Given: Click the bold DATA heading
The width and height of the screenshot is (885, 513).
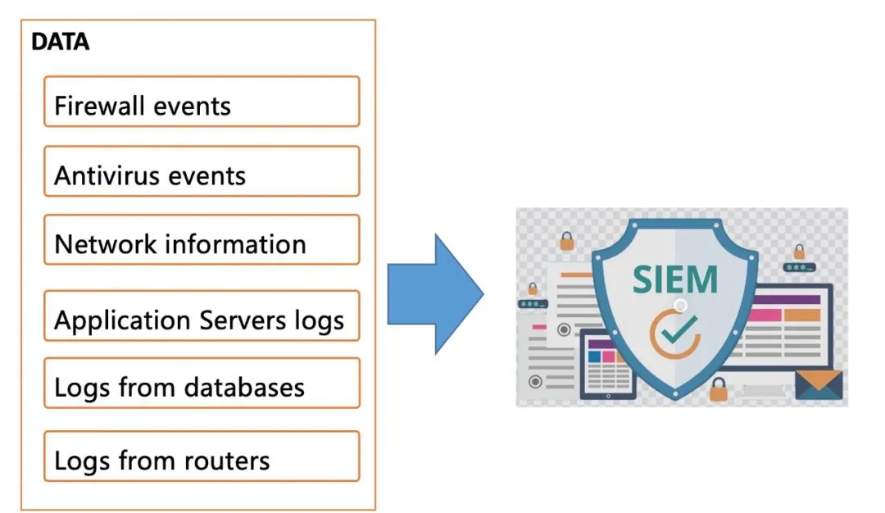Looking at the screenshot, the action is pos(61,42).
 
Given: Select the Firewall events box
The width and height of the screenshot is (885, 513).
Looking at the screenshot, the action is pos(202,102).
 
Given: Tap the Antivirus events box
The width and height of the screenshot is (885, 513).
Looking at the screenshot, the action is pos(202,171).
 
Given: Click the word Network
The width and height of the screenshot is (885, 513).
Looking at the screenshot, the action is pos(106,244).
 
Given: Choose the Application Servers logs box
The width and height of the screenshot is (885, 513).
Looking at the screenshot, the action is pos(202,316).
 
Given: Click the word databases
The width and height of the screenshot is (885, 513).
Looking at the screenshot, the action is pos(244,387).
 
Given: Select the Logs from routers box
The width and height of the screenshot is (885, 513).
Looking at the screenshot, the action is pos(202,456).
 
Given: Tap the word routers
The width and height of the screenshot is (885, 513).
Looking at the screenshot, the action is pos(226,461).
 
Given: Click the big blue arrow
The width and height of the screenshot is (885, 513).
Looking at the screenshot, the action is pos(435,294).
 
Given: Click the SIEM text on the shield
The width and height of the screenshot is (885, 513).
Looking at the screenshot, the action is pos(675,279).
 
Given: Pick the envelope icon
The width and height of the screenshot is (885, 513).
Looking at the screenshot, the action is pos(819,384).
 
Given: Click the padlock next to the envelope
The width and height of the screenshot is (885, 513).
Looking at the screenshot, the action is pos(718,388).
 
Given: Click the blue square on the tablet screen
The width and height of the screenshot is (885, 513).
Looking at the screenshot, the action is pos(594,356).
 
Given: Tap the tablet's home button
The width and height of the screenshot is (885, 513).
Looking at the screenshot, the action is pos(608,396).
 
